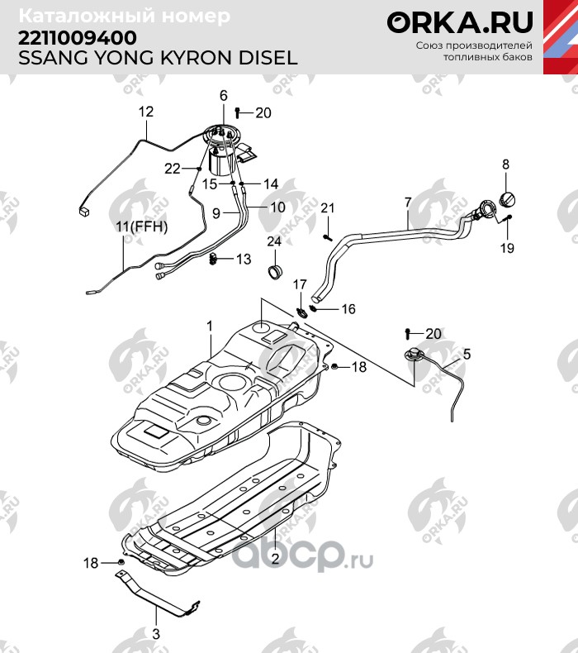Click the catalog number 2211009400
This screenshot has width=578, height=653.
point(78,38)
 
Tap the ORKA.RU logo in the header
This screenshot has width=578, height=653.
point(460,22)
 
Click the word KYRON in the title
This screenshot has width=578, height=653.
point(197,58)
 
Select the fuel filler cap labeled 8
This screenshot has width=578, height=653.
point(507,198)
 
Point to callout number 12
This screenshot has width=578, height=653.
point(146,112)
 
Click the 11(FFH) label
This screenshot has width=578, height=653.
point(141,227)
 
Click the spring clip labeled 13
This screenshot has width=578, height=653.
point(214,259)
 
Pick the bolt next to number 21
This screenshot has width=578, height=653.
point(328,237)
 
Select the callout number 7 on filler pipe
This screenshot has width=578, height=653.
point(408,203)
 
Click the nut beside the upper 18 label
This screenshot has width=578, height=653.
point(334,366)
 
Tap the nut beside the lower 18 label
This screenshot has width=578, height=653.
point(121,562)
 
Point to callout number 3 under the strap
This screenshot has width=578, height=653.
point(155,634)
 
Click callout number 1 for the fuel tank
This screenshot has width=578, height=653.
point(210,326)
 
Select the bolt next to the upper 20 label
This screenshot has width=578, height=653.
point(238,112)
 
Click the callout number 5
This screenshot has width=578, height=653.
point(467,354)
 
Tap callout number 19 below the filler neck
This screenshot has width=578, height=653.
point(507,248)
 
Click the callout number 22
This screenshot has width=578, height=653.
point(173,169)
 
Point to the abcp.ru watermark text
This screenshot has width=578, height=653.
point(302,555)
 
